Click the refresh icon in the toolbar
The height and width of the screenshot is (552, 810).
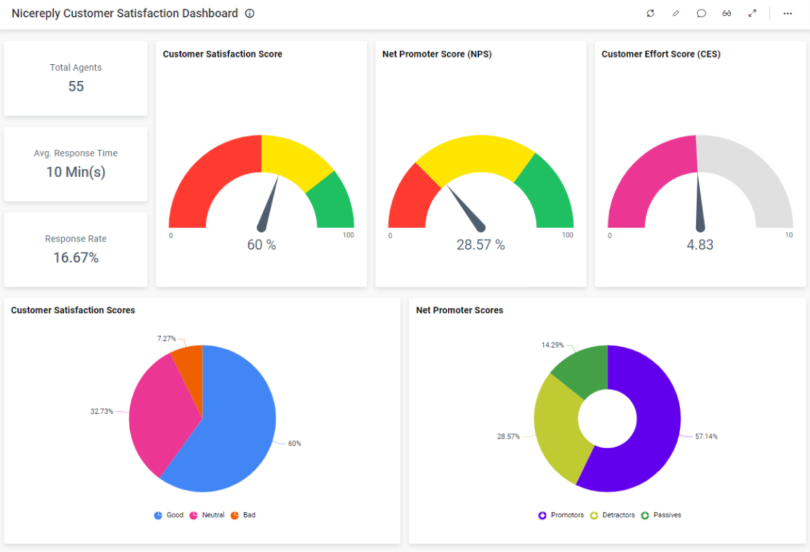coord(650,14)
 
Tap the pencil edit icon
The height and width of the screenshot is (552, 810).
coord(676,14)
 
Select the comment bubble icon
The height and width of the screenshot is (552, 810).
coord(701,14)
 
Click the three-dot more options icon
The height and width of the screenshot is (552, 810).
coord(787,14)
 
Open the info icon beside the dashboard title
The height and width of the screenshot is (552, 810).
coord(250,14)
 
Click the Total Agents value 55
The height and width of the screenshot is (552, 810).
coord(76,86)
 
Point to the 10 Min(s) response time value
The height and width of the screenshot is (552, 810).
coord(76,172)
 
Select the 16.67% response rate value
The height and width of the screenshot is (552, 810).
coord(76,258)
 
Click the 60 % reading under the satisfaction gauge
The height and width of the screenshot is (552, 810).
coord(262,245)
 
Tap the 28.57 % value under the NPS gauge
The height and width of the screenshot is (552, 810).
coord(480,245)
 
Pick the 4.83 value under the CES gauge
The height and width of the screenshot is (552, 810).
coord(700,245)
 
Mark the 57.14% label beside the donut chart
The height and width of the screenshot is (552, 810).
coord(706,437)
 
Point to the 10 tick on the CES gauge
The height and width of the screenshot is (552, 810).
coord(788,235)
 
